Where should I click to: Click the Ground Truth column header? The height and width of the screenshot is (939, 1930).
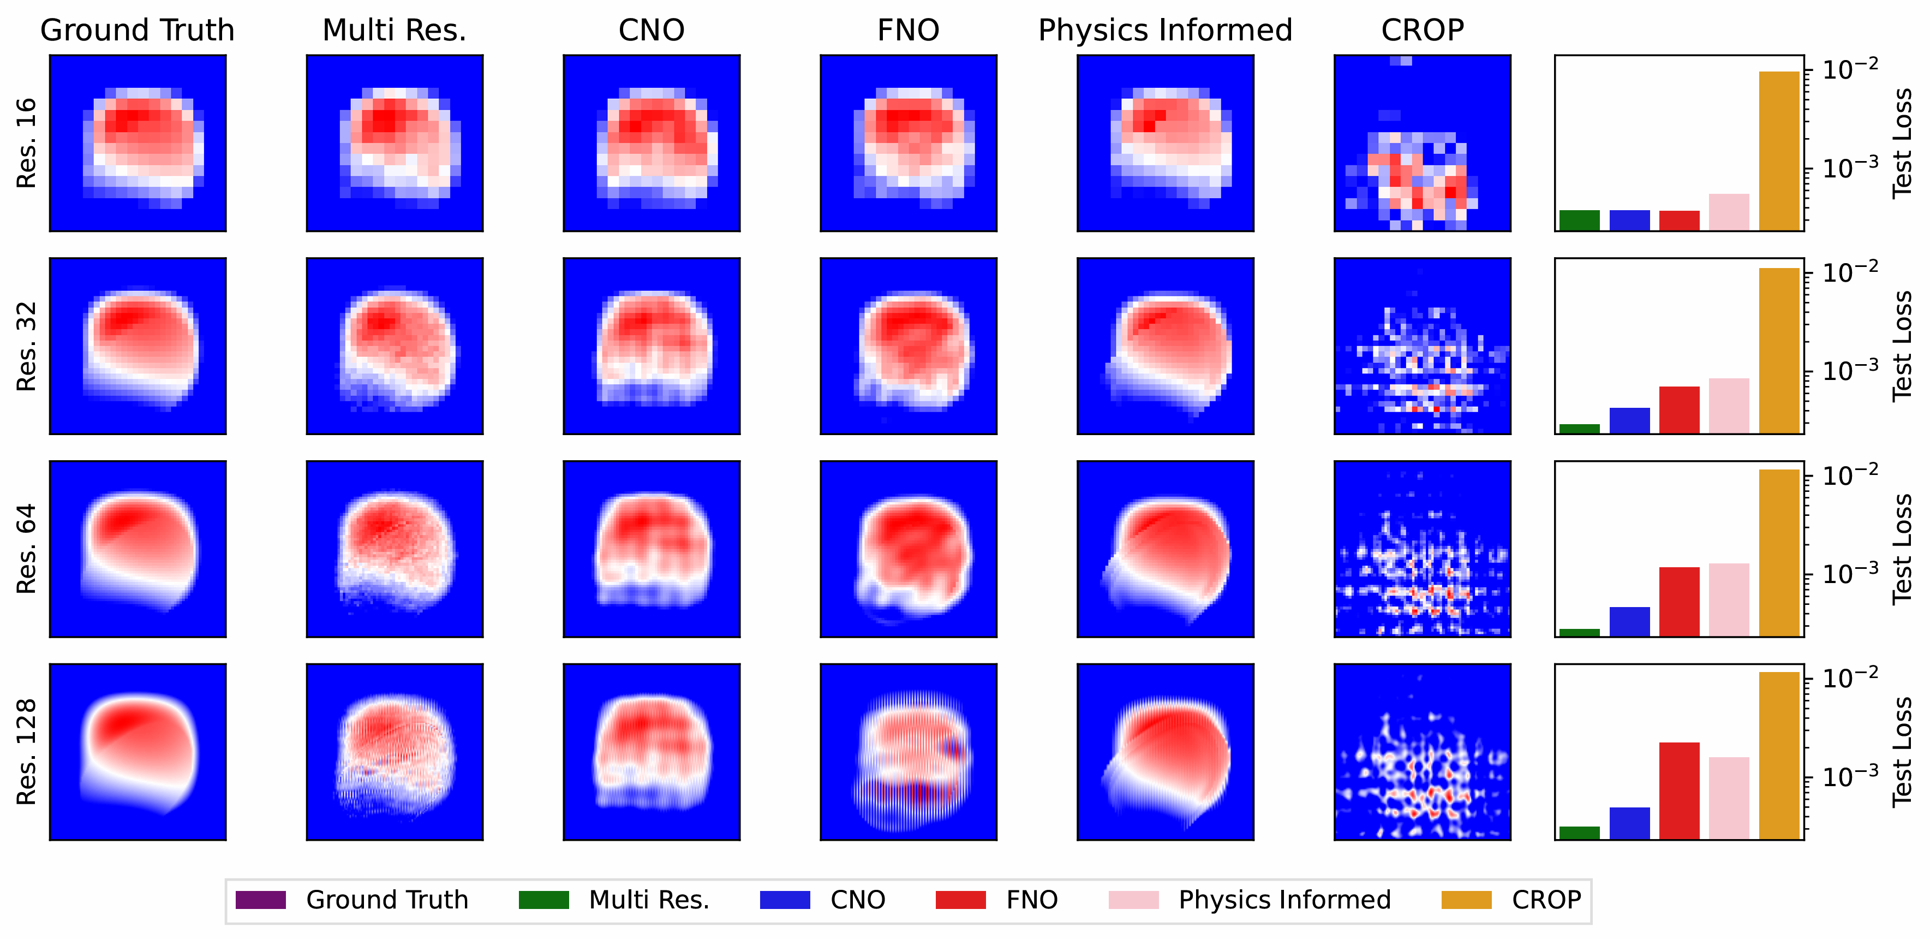pyautogui.click(x=137, y=30)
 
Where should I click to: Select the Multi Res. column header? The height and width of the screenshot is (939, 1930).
pyautogui.click(x=394, y=30)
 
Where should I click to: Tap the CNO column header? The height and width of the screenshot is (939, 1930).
pyautogui.click(x=651, y=30)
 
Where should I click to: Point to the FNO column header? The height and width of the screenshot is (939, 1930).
pyautogui.click(x=908, y=30)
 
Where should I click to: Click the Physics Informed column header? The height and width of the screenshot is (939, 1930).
pyautogui.click(x=1165, y=30)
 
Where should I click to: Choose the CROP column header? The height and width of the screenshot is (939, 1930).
pyautogui.click(x=1422, y=30)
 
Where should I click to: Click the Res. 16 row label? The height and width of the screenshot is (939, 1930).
pyautogui.click(x=26, y=142)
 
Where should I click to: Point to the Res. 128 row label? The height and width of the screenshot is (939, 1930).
pyautogui.click(x=26, y=752)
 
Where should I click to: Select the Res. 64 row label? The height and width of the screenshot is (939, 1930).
pyautogui.click(x=26, y=549)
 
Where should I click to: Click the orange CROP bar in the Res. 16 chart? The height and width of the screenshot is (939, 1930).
pyautogui.click(x=1779, y=150)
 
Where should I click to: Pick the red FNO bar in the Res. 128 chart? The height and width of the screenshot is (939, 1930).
pyautogui.click(x=1679, y=791)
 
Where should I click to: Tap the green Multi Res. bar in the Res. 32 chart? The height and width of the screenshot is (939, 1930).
pyautogui.click(x=1579, y=429)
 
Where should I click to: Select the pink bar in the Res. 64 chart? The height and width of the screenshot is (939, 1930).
pyautogui.click(x=1729, y=599)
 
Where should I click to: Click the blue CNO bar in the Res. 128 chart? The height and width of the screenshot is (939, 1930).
pyautogui.click(x=1629, y=823)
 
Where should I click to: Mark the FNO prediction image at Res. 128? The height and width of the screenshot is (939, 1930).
pyautogui.click(x=908, y=752)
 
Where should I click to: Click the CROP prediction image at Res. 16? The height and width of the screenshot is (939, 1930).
pyautogui.click(x=1422, y=142)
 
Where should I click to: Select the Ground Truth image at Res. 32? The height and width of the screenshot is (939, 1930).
pyautogui.click(x=137, y=346)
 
